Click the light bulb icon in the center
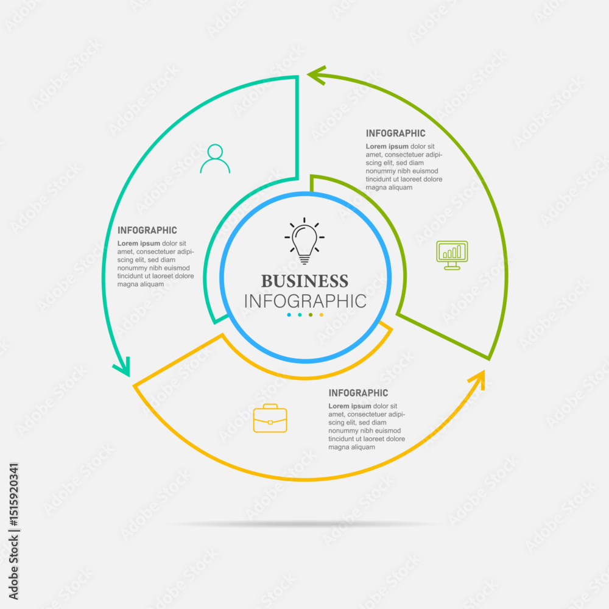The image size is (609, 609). [304, 241]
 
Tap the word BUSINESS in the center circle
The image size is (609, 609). [304, 281]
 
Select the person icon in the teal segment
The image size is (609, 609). [215, 158]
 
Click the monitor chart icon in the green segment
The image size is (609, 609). [452, 255]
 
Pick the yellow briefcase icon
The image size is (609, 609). [270, 418]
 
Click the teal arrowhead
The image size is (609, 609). [124, 367]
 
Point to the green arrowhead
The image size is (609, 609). [317, 75]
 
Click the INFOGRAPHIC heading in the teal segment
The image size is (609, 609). [147, 230]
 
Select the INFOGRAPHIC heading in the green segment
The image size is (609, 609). [395, 133]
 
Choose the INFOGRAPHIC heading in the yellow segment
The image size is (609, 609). [358, 393]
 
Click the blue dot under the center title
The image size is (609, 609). [289, 315]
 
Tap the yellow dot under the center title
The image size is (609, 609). [321, 315]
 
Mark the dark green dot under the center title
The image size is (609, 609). [311, 315]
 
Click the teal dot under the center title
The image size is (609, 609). [300, 315]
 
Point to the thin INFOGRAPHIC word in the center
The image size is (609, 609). [305, 301]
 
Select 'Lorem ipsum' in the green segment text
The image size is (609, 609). [387, 146]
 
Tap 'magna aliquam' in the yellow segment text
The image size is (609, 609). [351, 447]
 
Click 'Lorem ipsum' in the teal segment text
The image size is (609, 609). [139, 244]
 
